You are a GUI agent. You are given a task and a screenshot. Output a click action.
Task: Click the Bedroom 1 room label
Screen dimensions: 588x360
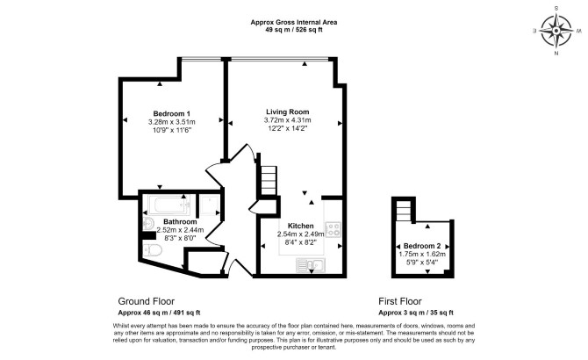tap(171, 113)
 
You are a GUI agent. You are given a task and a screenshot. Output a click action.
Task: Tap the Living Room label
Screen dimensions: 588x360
tap(288, 112)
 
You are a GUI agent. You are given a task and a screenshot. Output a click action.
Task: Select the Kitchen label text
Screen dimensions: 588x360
tap(300, 226)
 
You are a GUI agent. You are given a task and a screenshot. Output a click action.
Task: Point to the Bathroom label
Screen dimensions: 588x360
tap(180, 222)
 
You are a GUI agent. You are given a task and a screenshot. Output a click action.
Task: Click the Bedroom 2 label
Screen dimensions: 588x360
tap(422, 246)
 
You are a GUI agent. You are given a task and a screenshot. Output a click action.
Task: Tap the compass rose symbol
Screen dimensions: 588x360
tap(556, 31)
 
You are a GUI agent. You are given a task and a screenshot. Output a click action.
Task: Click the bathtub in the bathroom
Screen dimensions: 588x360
tap(169, 205)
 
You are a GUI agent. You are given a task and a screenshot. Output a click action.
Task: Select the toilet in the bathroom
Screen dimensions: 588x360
tap(153, 249)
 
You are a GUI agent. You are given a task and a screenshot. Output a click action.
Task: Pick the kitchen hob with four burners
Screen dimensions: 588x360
tap(333, 229)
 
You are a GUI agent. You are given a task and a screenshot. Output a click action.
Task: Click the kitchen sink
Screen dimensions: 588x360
tap(311, 265)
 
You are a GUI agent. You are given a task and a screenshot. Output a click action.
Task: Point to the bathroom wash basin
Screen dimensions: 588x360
tap(148, 223)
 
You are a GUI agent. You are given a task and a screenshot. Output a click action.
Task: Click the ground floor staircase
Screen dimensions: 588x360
tap(269, 181)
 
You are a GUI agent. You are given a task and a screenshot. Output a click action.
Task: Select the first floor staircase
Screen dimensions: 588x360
tap(405, 210)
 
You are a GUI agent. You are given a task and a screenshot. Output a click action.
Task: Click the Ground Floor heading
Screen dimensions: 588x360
tap(147, 301)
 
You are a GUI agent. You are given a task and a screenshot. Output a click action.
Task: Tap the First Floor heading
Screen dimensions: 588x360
tap(400, 301)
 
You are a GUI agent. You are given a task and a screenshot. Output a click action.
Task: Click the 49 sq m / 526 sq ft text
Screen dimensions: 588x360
tap(294, 30)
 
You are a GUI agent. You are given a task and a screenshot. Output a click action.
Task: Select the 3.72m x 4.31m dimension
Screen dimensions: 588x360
tap(288, 120)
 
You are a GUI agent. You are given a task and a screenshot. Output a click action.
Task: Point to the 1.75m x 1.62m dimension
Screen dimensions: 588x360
tap(422, 255)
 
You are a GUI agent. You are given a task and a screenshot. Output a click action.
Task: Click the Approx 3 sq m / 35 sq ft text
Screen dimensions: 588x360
tap(416, 313)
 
